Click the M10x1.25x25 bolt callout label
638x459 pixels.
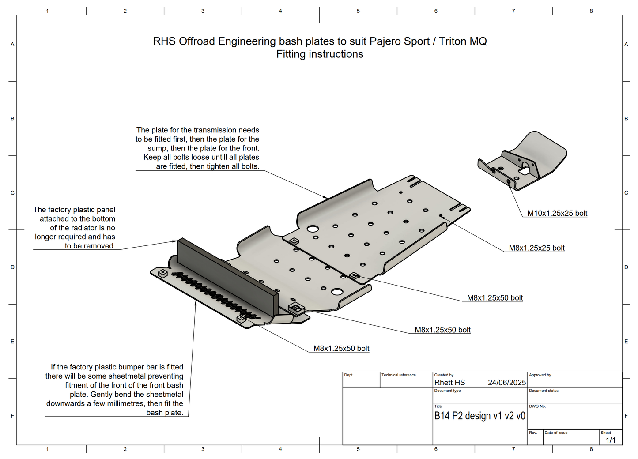click(x=557, y=214)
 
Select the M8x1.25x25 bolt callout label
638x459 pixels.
click(x=536, y=248)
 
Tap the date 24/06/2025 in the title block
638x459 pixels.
click(x=507, y=383)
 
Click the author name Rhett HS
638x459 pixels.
click(x=449, y=383)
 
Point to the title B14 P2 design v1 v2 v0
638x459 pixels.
click(x=479, y=416)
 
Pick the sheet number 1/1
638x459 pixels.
click(x=610, y=440)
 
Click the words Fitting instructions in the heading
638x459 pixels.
click(x=320, y=54)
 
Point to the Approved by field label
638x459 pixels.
click(x=540, y=375)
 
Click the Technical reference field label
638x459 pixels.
click(x=398, y=375)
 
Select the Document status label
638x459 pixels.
click(x=544, y=391)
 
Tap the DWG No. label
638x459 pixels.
click(x=537, y=406)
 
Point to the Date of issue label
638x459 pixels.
click(x=556, y=433)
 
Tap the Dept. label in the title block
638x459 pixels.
click(x=349, y=375)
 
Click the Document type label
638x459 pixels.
click(x=447, y=391)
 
